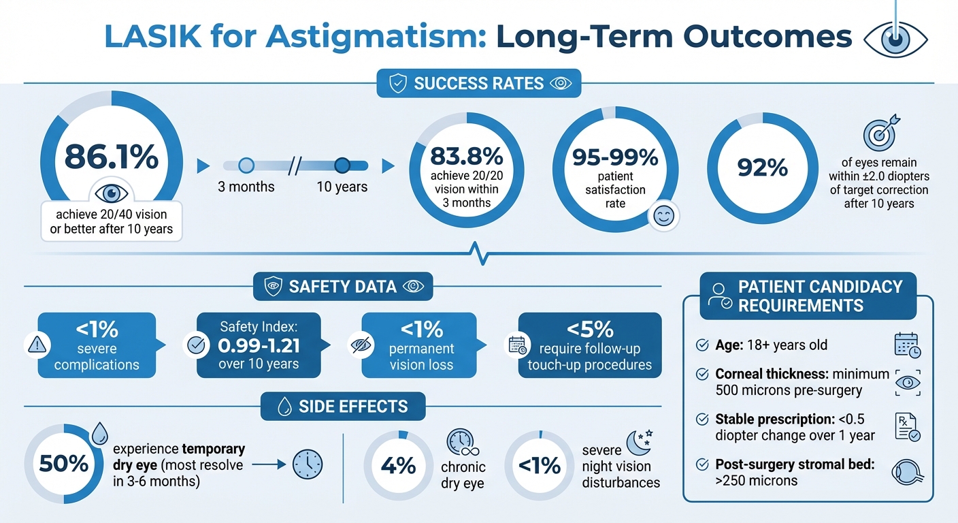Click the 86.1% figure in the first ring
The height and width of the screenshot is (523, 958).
[111, 157]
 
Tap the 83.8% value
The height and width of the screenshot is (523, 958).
[467, 156]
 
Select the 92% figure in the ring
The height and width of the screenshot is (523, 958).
[762, 168]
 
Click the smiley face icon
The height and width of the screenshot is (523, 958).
[662, 216]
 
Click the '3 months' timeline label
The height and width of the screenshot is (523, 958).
[246, 187]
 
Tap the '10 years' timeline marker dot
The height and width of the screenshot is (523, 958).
[342, 165]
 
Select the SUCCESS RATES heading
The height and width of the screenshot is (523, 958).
[478, 84]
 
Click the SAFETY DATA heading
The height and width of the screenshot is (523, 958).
[342, 287]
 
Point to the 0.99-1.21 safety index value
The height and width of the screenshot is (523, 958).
[259, 345]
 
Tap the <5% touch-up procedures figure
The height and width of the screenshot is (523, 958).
[589, 330]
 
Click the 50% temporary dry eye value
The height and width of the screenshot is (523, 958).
[64, 464]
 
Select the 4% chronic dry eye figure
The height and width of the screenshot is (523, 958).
[398, 466]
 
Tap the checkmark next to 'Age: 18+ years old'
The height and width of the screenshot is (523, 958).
[701, 345]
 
